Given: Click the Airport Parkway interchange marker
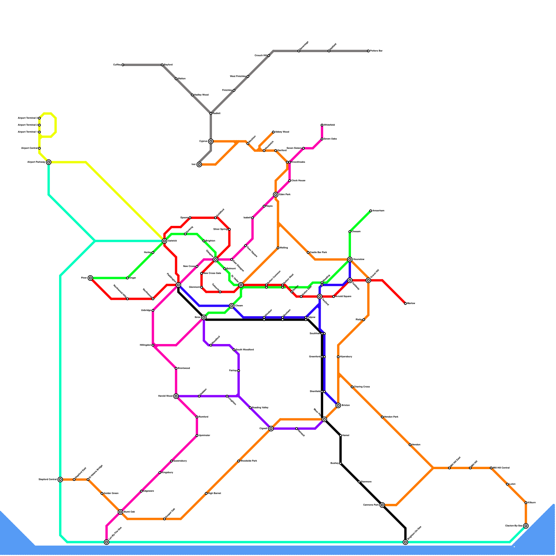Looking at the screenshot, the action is point(49,162).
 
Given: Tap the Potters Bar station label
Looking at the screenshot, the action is point(376,51).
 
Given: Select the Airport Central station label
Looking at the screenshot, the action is point(29,148).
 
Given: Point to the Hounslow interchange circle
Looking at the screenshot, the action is point(350,259).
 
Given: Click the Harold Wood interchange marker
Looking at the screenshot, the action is point(176,396).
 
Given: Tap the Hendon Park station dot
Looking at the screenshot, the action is point(382,417).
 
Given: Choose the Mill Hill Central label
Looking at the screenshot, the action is point(501,468).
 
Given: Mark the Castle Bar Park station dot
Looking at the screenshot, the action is point(308,253).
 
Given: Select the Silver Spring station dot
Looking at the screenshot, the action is point(229,229).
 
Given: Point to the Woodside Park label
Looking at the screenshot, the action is point(249,461).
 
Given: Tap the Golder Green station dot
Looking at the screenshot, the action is point(102,493).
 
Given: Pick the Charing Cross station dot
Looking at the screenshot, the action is point(352,387).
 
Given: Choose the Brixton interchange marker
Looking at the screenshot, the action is point(338,406).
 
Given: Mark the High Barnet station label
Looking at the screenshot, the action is point(214,493).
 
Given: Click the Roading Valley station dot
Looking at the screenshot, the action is point(250,408).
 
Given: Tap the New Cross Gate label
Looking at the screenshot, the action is point(212,273).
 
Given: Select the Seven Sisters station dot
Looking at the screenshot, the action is point(303,148).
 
